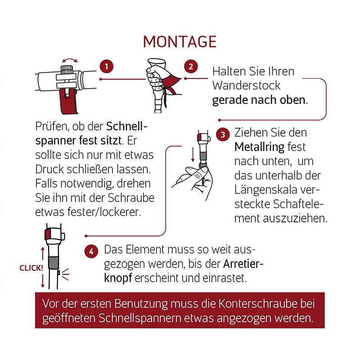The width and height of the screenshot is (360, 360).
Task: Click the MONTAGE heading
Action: [180, 41]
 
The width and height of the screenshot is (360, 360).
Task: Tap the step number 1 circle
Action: [106, 67]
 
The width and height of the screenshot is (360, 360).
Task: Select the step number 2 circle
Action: [191, 67]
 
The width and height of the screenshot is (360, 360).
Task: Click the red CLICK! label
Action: [31, 268]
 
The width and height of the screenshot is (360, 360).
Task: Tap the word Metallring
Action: [260, 147]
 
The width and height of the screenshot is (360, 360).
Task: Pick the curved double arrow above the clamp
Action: [70, 59]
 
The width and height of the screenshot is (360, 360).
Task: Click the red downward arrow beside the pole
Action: [193, 154]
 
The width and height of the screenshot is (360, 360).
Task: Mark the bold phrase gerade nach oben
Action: [259, 99]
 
